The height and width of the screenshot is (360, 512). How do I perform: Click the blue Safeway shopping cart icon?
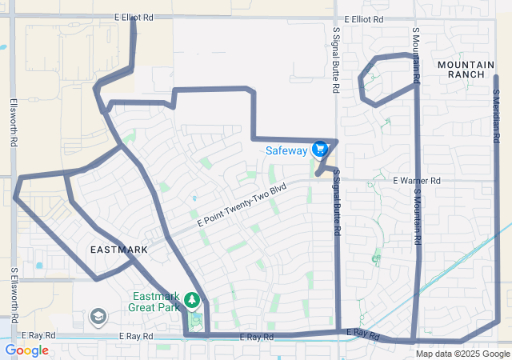tap(320, 149)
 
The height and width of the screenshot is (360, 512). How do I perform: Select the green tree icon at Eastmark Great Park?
tap(191, 301)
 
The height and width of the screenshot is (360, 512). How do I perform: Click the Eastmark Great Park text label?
tap(158, 302)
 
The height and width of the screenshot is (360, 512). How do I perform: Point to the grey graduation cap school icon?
tap(98, 318)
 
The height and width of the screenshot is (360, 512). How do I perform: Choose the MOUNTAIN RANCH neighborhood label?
tap(461, 68)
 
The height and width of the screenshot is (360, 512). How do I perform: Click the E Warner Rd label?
tap(417, 182)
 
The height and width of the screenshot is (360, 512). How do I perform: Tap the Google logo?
tap(26, 350)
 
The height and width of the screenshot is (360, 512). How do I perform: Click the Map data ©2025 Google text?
tap(462, 353)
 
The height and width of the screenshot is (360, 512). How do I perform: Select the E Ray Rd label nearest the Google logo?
tap(38, 336)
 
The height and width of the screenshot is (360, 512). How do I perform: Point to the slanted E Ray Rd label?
tap(362, 333)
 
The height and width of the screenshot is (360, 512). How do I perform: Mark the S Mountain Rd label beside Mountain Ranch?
tap(416, 56)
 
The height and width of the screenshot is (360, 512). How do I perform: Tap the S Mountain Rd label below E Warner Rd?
tap(416, 216)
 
